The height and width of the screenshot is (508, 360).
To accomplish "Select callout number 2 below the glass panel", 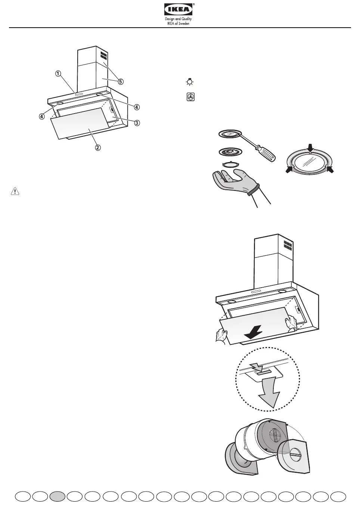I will pyautogui.click(x=97, y=147).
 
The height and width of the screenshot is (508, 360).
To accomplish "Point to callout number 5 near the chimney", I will pyautogui.click(x=121, y=81).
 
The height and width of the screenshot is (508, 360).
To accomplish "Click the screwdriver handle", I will pyautogui.click(x=265, y=153).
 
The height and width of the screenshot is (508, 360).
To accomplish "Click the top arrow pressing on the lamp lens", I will pyautogui.click(x=310, y=148).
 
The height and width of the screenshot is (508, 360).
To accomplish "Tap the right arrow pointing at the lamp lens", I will pyautogui.click(x=329, y=170).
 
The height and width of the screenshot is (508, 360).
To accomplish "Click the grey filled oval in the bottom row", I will pyautogui.click(x=57, y=496).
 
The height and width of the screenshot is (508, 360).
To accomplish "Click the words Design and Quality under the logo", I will pyautogui.click(x=179, y=19).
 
